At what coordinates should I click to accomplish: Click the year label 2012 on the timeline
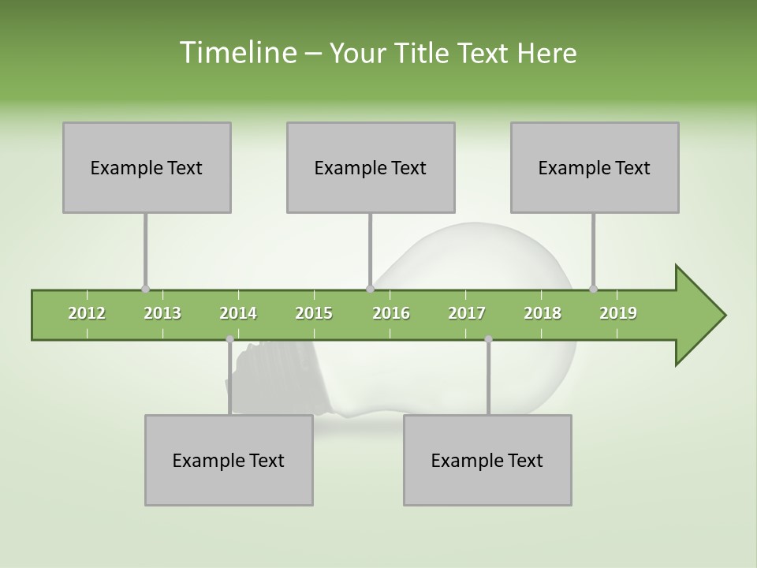point(87,313)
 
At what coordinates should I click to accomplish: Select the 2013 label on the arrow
point(162,313)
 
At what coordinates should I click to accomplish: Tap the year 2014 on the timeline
point(238,313)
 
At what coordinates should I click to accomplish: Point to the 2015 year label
point(314,313)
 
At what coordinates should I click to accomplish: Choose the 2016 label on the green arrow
point(391,313)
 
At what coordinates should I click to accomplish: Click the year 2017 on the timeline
point(467,313)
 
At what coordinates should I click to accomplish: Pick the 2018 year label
point(543,313)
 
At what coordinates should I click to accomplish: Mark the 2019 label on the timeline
point(618,313)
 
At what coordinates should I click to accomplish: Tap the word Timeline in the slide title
point(237,53)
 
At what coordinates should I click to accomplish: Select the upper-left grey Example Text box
point(147,167)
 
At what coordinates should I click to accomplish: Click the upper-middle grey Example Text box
point(371,167)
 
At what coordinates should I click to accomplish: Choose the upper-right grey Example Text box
point(595,167)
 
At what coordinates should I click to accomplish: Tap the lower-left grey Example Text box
point(229,460)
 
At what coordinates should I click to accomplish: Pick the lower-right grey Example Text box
point(487,460)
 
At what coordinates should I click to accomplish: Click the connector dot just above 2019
point(593,289)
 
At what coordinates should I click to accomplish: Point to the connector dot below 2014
point(229,339)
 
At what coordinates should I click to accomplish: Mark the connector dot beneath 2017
point(488,339)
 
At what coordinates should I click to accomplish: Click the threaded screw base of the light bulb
point(276,379)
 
